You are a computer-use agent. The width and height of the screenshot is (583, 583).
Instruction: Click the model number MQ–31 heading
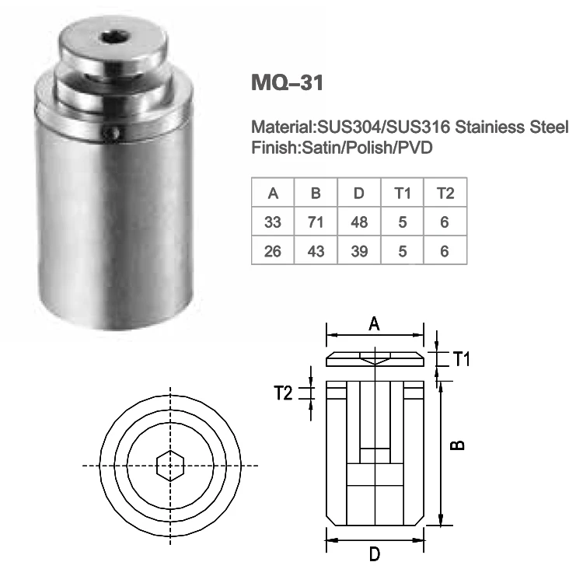tap(286, 82)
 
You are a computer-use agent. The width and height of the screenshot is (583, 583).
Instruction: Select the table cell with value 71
tap(316, 222)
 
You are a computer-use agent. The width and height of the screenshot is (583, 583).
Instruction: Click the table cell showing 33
tap(272, 222)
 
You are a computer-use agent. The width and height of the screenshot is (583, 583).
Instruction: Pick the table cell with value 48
tap(359, 222)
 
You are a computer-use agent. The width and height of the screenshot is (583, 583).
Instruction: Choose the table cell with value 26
tap(272, 252)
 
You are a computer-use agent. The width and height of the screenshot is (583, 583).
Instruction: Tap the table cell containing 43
tap(316, 252)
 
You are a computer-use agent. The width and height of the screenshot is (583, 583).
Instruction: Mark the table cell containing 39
tap(359, 252)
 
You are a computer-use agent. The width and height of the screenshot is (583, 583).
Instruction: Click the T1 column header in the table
tap(402, 193)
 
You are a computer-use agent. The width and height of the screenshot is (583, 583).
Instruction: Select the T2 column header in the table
tap(445, 193)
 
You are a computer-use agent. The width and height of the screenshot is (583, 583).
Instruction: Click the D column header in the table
tap(359, 193)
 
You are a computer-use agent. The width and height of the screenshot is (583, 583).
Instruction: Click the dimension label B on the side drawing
tap(460, 445)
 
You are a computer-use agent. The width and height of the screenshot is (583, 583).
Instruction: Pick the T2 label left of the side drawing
tap(285, 393)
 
